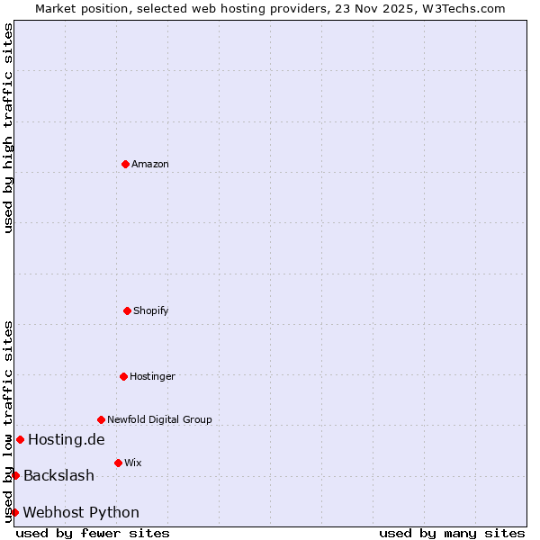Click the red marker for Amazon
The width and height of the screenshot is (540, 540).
[x=125, y=164]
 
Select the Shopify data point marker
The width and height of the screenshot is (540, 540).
[x=127, y=310]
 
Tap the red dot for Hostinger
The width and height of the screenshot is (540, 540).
[x=123, y=376]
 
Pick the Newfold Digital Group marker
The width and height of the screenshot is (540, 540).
[x=101, y=419]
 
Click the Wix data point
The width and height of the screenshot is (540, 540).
[x=118, y=463]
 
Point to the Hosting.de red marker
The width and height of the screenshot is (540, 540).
[x=20, y=439]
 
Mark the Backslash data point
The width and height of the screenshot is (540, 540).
[x=15, y=475]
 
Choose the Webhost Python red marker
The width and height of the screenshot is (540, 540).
[x=14, y=512]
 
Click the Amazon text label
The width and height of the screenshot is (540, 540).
[x=150, y=164]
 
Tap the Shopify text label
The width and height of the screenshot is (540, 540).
[x=151, y=310]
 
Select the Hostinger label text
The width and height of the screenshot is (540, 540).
[x=152, y=376]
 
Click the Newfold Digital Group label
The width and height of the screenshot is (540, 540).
[x=159, y=419]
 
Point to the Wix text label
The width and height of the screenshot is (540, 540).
[x=133, y=463]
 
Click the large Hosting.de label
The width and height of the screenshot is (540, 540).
[x=67, y=439]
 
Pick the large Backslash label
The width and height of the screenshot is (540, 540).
[x=58, y=475]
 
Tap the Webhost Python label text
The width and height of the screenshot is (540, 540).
[x=81, y=512]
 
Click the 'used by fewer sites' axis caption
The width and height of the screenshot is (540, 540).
[x=93, y=533]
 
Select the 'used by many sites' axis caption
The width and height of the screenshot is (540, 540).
[x=452, y=533]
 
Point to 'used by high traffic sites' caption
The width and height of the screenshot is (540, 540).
[x=8, y=128]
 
